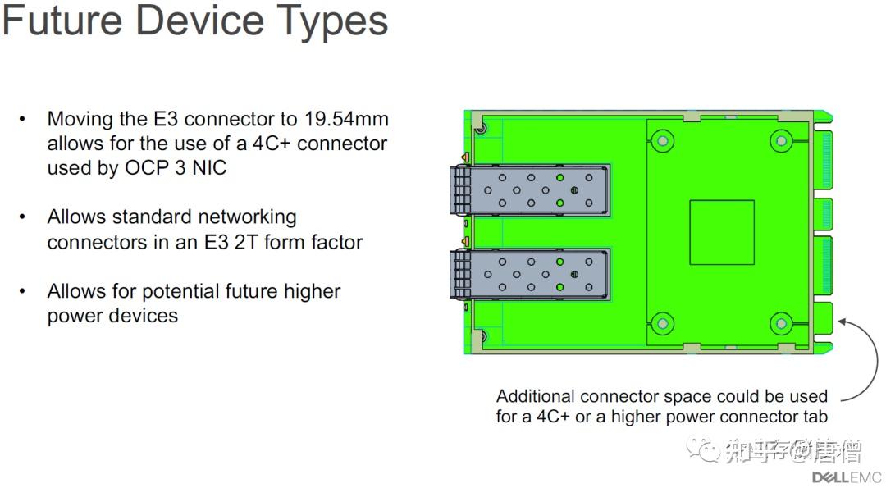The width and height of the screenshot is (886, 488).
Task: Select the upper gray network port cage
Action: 529,189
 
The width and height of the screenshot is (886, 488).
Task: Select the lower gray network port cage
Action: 529,275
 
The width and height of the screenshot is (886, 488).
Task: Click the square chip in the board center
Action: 722,232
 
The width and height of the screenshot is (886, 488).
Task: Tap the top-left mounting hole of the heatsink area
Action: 662,141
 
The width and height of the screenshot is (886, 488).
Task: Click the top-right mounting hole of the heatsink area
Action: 780,141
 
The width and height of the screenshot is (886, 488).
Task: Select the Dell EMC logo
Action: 847,477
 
